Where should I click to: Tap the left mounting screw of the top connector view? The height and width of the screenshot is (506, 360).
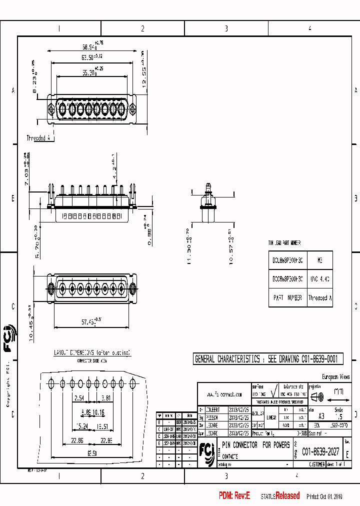coord(51,108)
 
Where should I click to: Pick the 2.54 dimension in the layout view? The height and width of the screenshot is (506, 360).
coord(78,398)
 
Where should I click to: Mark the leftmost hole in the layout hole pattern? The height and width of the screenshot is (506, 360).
coord(51,384)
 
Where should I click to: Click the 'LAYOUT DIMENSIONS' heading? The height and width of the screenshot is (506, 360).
coord(92,352)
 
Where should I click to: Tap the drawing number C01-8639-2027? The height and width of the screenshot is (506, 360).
coord(320,451)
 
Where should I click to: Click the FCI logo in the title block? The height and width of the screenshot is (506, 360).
coord(206,450)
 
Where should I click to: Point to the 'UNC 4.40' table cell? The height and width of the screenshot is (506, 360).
coord(319,278)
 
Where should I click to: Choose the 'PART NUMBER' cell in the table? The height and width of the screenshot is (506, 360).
coord(288,297)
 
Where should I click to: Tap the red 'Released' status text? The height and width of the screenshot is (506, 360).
coord(287,496)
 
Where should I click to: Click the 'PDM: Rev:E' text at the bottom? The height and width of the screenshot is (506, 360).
coord(234,496)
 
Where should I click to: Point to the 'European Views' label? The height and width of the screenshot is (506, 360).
coord(335,377)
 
